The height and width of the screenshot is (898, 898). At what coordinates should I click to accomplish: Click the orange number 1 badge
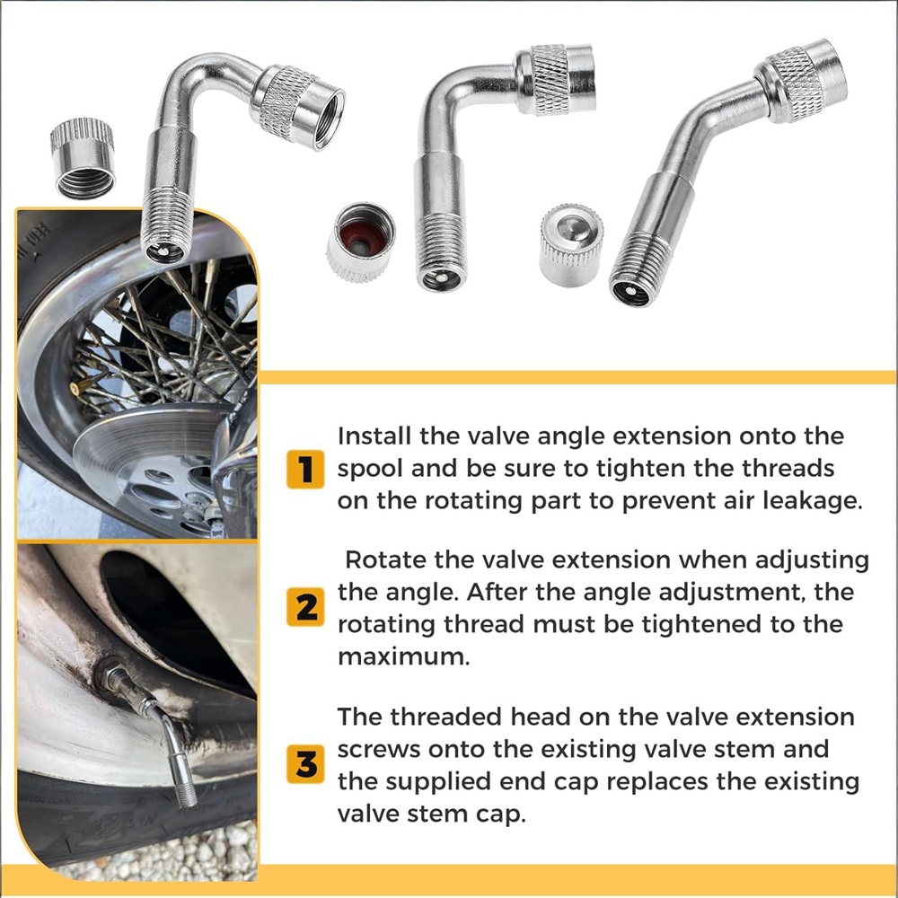[305, 469]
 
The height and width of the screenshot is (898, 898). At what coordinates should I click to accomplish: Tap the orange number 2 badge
[305, 606]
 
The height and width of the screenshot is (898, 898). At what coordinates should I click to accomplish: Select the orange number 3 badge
[305, 764]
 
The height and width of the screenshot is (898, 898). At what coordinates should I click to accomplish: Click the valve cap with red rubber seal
[361, 242]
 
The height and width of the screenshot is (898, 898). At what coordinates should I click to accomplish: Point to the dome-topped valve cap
[571, 244]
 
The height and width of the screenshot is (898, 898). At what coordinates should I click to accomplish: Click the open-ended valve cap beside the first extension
[83, 159]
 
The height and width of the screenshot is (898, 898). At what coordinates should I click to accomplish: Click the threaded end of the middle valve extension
[440, 251]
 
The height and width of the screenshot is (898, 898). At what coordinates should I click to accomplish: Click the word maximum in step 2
[404, 656]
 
